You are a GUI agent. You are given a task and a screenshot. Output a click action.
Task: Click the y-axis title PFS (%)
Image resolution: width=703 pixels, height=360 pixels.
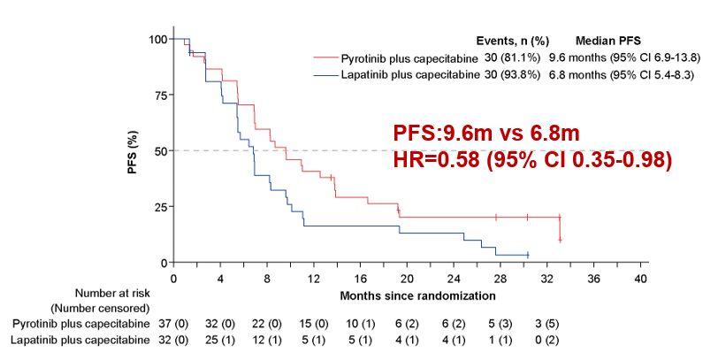[134, 151]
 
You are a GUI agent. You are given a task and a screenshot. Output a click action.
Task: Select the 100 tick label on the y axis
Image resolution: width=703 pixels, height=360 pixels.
[157, 39]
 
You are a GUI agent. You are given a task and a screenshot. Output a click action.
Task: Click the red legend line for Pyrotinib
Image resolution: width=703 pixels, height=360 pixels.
[326, 57]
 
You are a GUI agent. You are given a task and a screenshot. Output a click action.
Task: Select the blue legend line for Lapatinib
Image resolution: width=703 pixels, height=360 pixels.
[326, 74]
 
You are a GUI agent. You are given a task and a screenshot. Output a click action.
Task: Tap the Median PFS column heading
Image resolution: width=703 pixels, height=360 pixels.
[608, 41]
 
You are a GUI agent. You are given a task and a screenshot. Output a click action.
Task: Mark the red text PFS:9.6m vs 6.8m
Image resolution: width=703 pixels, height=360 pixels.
[486, 134]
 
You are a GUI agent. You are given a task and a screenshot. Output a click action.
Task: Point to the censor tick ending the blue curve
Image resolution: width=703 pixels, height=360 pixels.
[527, 255]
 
